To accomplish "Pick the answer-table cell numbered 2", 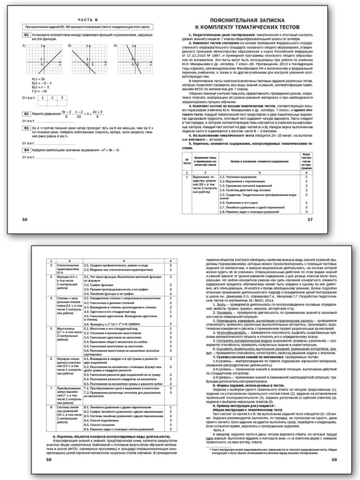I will pyautogui.click(x=52, y=97).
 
